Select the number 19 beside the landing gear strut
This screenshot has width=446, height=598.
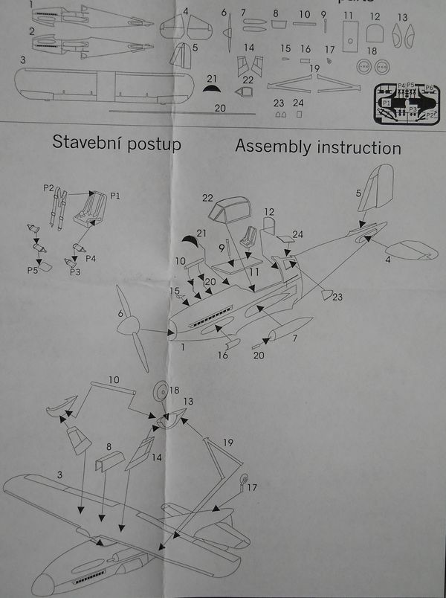click(227, 443)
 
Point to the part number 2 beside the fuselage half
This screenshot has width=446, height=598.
click(31, 31)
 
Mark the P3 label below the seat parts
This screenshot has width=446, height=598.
click(75, 273)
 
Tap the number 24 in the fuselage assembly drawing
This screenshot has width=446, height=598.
click(297, 234)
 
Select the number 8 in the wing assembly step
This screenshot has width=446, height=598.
click(109, 448)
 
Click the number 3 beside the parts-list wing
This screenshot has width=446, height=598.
click(24, 60)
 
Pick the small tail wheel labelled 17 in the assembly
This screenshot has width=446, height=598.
click(245, 479)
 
